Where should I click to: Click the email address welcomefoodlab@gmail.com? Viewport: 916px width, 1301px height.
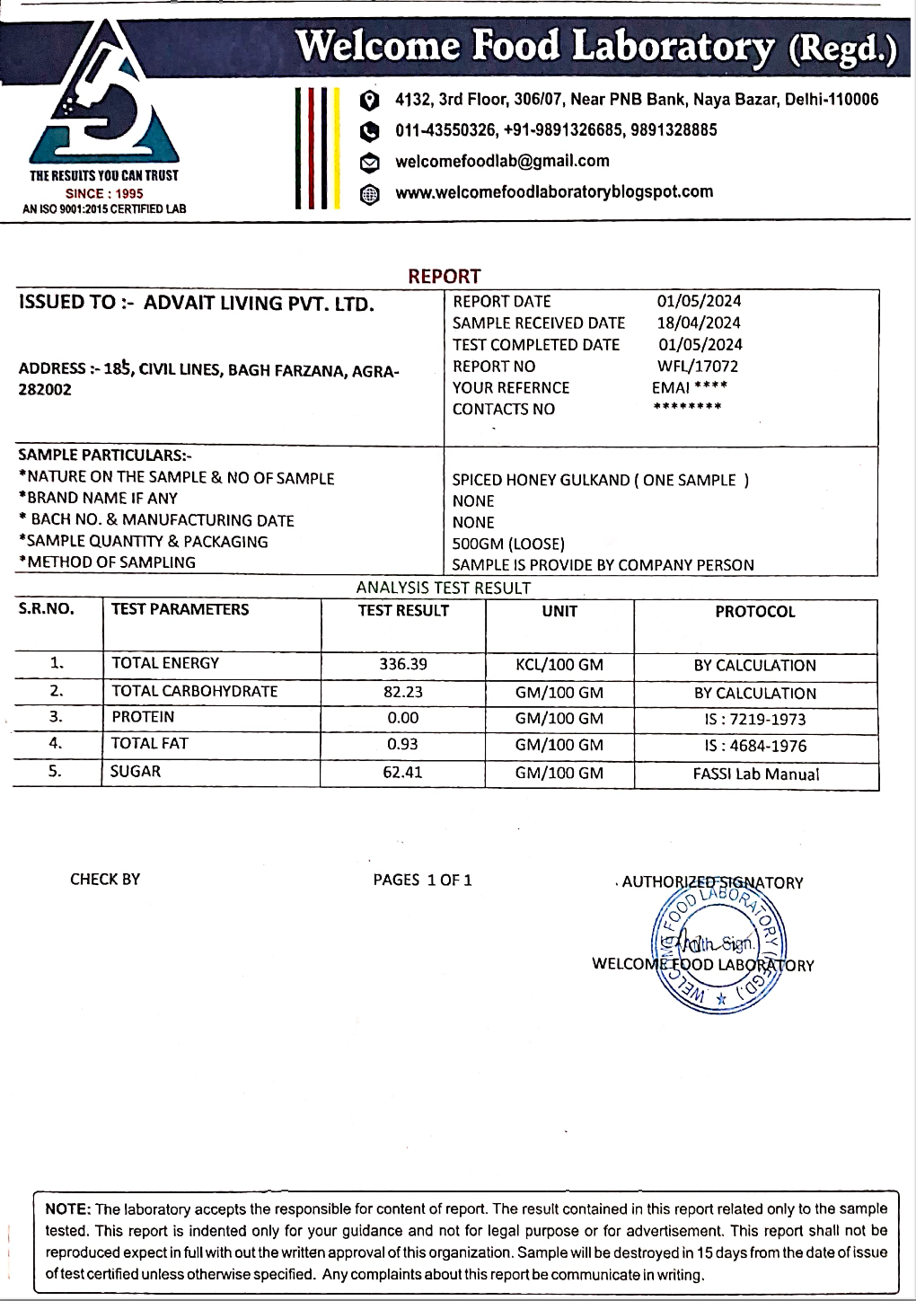502,161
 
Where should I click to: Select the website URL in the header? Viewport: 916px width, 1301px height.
554,191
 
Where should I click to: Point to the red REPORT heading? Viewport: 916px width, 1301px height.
445,276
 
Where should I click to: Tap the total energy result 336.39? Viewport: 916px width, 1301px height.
403,664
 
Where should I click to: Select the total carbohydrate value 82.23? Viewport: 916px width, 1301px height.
403,692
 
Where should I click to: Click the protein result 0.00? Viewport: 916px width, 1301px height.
403,718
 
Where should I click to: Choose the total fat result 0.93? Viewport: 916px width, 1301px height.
402,744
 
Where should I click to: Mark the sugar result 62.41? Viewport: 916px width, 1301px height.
402,772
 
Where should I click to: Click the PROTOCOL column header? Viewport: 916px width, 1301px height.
755,612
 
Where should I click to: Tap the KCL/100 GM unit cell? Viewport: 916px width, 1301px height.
559,666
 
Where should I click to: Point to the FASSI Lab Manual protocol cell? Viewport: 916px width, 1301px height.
756,774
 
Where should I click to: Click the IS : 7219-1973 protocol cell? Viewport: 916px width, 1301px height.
755,719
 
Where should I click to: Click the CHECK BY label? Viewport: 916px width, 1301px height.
105,879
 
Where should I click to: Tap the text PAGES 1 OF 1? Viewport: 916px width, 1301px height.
422,880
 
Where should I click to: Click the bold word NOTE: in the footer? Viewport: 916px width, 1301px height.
68,1209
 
